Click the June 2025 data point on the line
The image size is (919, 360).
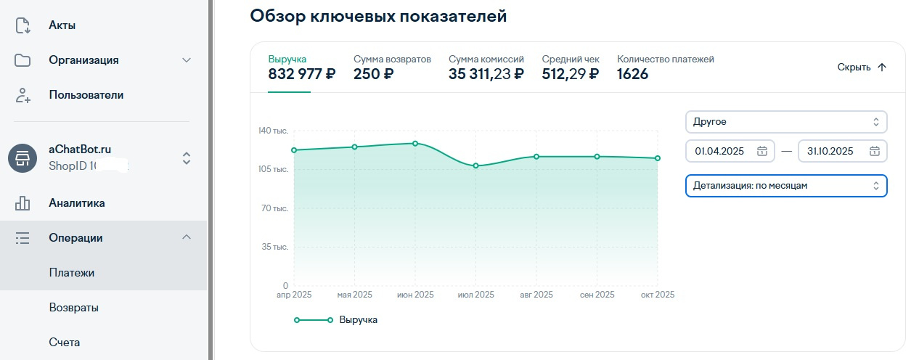[415, 143]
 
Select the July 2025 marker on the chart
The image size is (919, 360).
[475, 165]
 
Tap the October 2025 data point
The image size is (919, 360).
[658, 158]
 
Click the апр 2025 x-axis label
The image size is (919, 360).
[293, 295]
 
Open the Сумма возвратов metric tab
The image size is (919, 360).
[392, 67]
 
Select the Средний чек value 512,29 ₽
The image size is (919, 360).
[571, 74]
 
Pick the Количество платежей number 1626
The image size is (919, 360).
[632, 74]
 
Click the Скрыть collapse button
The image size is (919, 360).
[862, 67]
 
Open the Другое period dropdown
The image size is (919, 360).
[786, 122]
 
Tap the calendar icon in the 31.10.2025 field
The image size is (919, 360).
[875, 151]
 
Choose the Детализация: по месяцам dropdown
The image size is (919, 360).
[786, 186]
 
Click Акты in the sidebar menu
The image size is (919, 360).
[62, 25]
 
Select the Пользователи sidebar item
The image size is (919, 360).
[86, 95]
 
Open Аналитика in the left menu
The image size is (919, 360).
[77, 203]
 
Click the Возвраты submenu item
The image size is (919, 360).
[74, 308]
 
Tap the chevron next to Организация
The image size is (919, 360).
[186, 60]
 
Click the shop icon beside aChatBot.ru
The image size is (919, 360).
[23, 157]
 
